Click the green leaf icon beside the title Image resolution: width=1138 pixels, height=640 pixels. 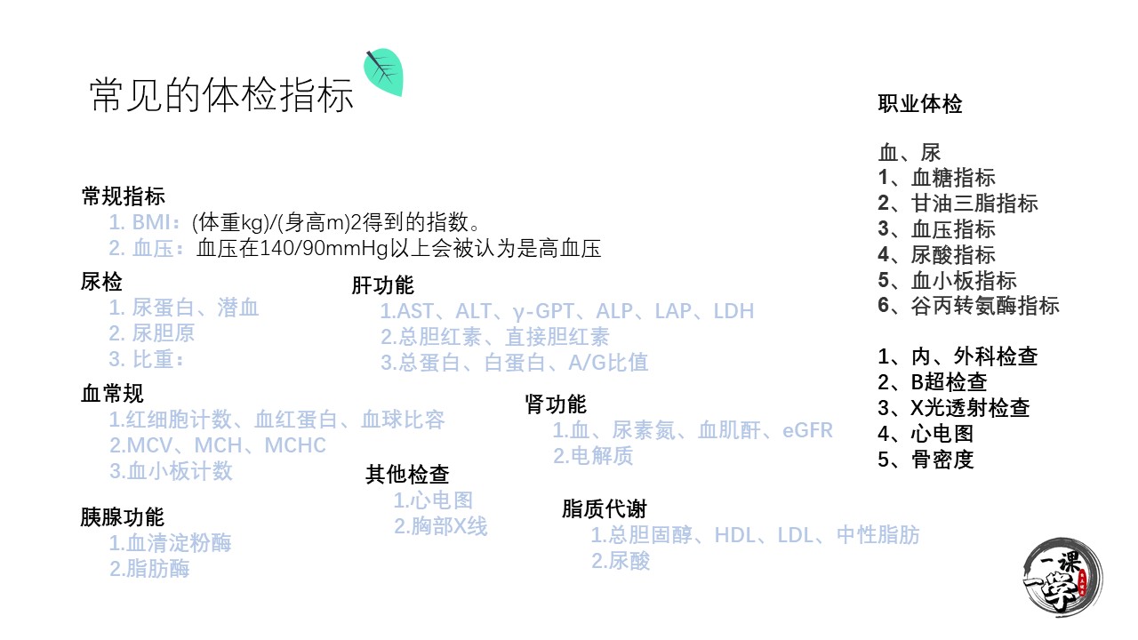coord(384,72)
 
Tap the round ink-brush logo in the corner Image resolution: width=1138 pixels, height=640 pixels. coord(1062,578)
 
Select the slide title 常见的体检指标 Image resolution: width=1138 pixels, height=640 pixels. coord(221,95)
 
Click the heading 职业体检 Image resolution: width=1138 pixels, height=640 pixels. coord(920,104)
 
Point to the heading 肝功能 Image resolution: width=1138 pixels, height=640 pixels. coord(382,285)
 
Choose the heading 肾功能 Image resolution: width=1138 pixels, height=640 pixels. coord(556,404)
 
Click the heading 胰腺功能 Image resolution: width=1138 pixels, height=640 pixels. coord(123,517)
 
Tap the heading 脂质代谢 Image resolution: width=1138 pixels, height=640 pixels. coord(604,508)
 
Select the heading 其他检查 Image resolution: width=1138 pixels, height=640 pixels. coord(407,475)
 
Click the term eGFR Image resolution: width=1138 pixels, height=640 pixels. coord(807,430)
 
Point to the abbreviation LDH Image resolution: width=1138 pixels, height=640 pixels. coord(733,311)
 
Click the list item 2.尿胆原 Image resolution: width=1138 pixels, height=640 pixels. coord(151,333)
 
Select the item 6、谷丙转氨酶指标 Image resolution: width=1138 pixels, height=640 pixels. coord(968,305)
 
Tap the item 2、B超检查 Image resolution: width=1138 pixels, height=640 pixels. coord(933,382)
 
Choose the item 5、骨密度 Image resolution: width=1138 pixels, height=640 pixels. coord(926,460)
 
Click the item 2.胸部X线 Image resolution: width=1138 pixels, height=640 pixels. coord(440,526)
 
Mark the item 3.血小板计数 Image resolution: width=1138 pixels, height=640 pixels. coord(171,471)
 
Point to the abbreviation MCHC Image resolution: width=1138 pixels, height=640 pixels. coord(295,445)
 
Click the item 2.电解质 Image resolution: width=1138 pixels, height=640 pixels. coord(593,456)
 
